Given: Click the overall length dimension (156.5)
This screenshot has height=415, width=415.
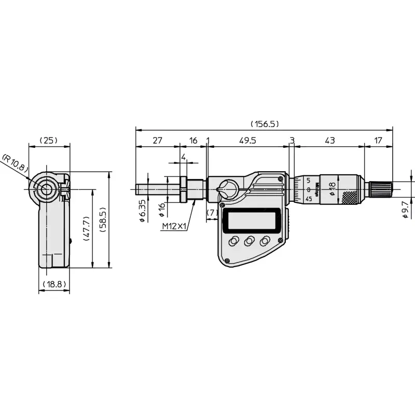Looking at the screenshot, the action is point(265,124).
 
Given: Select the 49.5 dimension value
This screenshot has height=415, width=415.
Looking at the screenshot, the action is point(247,140).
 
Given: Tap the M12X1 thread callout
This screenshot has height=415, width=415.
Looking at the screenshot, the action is point(175,226).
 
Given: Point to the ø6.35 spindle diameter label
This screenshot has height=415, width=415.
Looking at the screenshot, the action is point(142,211).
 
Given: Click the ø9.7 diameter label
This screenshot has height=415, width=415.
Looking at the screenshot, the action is point(405,210).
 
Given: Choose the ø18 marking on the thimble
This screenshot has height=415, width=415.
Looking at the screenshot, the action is point(332,188).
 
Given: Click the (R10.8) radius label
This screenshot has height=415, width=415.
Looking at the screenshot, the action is point(15,163).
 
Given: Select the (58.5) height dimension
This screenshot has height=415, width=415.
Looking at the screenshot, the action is point(103,219).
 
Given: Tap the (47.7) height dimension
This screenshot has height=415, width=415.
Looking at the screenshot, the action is point(86,228).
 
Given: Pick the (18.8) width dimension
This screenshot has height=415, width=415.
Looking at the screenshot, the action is point(54,284).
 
